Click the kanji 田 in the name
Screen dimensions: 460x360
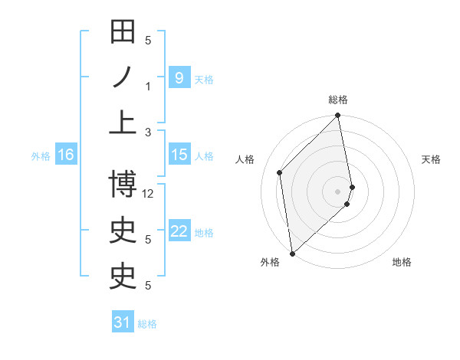pyautogui.click(x=123, y=34)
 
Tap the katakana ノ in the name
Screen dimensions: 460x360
pyautogui.click(x=123, y=77)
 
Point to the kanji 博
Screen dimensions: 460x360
pyautogui.click(x=123, y=185)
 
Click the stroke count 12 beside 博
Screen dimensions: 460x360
pyautogui.click(x=149, y=194)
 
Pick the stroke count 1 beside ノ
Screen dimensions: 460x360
pyautogui.click(x=148, y=86)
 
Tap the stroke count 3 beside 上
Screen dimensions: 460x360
pyautogui.click(x=148, y=132)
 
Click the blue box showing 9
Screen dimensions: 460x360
pyautogui.click(x=179, y=77)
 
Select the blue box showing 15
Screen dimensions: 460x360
pyautogui.click(x=179, y=155)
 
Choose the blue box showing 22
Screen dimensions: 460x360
pyautogui.click(x=179, y=231)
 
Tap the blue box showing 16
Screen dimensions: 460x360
pyautogui.click(x=66, y=155)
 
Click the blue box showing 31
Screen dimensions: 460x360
pyautogui.click(x=123, y=322)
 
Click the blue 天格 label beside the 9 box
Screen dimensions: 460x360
pyautogui.click(x=204, y=79)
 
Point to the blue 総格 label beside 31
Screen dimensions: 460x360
pyautogui.click(x=147, y=324)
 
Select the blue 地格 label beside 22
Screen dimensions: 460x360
pyautogui.click(x=204, y=233)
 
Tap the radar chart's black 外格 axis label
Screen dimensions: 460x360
pyautogui.click(x=270, y=263)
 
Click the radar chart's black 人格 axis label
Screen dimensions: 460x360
pyautogui.click(x=245, y=160)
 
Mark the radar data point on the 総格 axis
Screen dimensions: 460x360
pyautogui.click(x=338, y=116)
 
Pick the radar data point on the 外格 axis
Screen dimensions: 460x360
pyautogui.click(x=292, y=253)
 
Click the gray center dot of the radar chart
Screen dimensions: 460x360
pyautogui.click(x=338, y=191)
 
